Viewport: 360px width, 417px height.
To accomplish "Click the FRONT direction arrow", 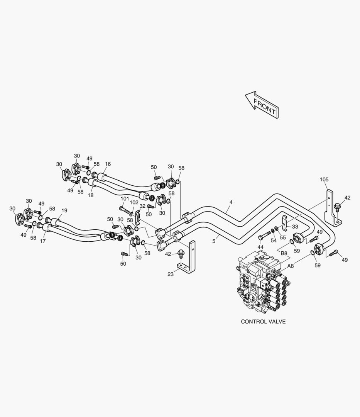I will click(x=262, y=104).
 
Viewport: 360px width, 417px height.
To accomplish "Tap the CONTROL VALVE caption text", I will click(x=263, y=321).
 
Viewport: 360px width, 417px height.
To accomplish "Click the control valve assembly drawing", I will click(x=262, y=284).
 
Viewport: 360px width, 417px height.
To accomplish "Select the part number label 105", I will click(x=324, y=180).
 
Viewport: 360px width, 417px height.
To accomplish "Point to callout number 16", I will click(x=108, y=164).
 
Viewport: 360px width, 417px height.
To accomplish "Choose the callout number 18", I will click(x=90, y=196).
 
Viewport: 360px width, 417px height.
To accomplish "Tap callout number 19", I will click(x=64, y=210).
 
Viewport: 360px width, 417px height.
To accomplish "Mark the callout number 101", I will click(x=124, y=199).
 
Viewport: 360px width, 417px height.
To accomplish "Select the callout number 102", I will click(x=134, y=202).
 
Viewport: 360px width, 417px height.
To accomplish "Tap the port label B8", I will click(x=284, y=253).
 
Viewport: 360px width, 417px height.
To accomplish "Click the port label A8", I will click(x=291, y=266).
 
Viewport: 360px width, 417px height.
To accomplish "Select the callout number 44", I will click(x=261, y=247).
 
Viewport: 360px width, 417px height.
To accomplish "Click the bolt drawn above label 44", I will click(x=263, y=236).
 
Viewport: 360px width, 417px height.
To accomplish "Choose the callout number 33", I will click(x=295, y=227).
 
